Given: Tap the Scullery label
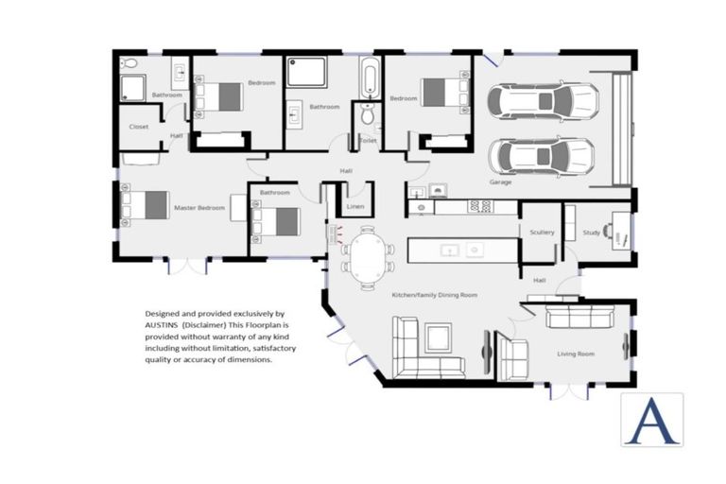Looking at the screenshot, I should [x=542, y=232].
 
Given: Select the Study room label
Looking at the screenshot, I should [x=591, y=232].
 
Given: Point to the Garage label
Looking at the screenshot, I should [x=500, y=181].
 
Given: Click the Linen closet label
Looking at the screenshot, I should [x=355, y=206].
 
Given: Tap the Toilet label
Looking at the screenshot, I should [x=367, y=140].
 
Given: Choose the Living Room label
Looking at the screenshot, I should [x=575, y=354].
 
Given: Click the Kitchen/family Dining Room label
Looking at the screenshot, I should [x=434, y=295].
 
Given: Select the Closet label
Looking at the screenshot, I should [x=139, y=126].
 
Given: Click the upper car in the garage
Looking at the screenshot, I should [x=542, y=100].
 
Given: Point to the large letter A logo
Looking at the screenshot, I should [x=651, y=419].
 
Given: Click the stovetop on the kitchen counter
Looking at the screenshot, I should [x=480, y=205].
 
